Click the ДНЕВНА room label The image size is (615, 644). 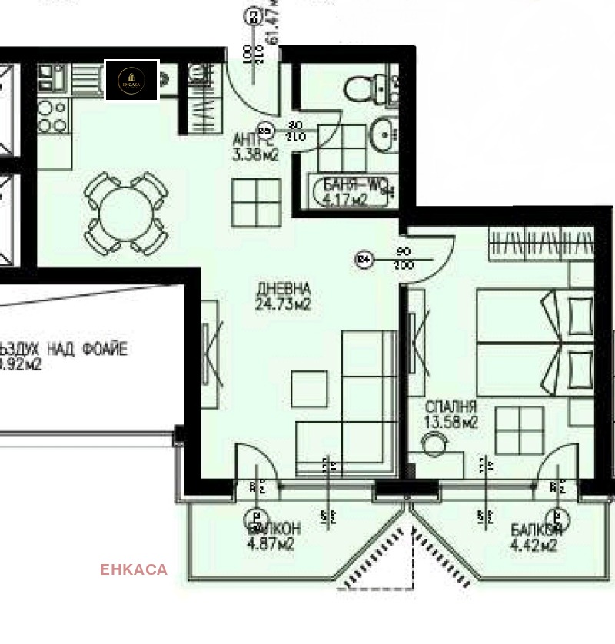(x=284, y=289)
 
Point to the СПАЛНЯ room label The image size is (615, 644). (x=451, y=407)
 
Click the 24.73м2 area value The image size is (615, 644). (x=284, y=304)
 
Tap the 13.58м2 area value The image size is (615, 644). (x=451, y=422)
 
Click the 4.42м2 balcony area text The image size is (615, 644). (x=534, y=546)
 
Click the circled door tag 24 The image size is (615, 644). (x=364, y=260)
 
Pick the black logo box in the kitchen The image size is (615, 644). (x=131, y=80)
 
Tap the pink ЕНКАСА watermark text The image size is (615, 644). (x=134, y=569)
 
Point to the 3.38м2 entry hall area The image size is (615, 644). (x=256, y=154)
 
